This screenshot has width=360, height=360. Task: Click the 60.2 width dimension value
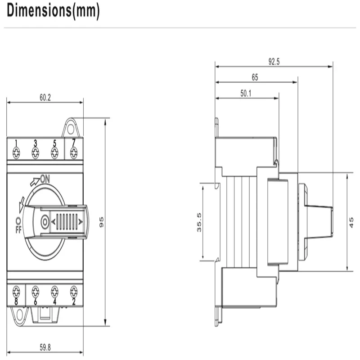pyautogui.click(x=45, y=97)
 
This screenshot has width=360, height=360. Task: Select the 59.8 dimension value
pyautogui.click(x=45, y=347)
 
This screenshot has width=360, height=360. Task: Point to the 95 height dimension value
pyautogui.click(x=102, y=222)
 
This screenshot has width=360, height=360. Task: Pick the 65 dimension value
pyautogui.click(x=255, y=77)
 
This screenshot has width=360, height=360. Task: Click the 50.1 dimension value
pyautogui.click(x=246, y=94)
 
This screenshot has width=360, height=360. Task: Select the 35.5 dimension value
pyautogui.click(x=198, y=222)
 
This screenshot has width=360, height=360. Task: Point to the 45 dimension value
pyautogui.click(x=351, y=222)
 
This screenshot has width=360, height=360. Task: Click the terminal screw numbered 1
pyautogui.click(x=16, y=153)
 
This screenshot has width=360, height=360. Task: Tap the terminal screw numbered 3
pyautogui.click(x=35, y=153)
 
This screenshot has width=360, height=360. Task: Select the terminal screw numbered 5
pyautogui.click(x=54, y=153)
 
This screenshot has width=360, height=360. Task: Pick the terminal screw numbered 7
pyautogui.click(x=73, y=153)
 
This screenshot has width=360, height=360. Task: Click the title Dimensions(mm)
pyautogui.click(x=53, y=12)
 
